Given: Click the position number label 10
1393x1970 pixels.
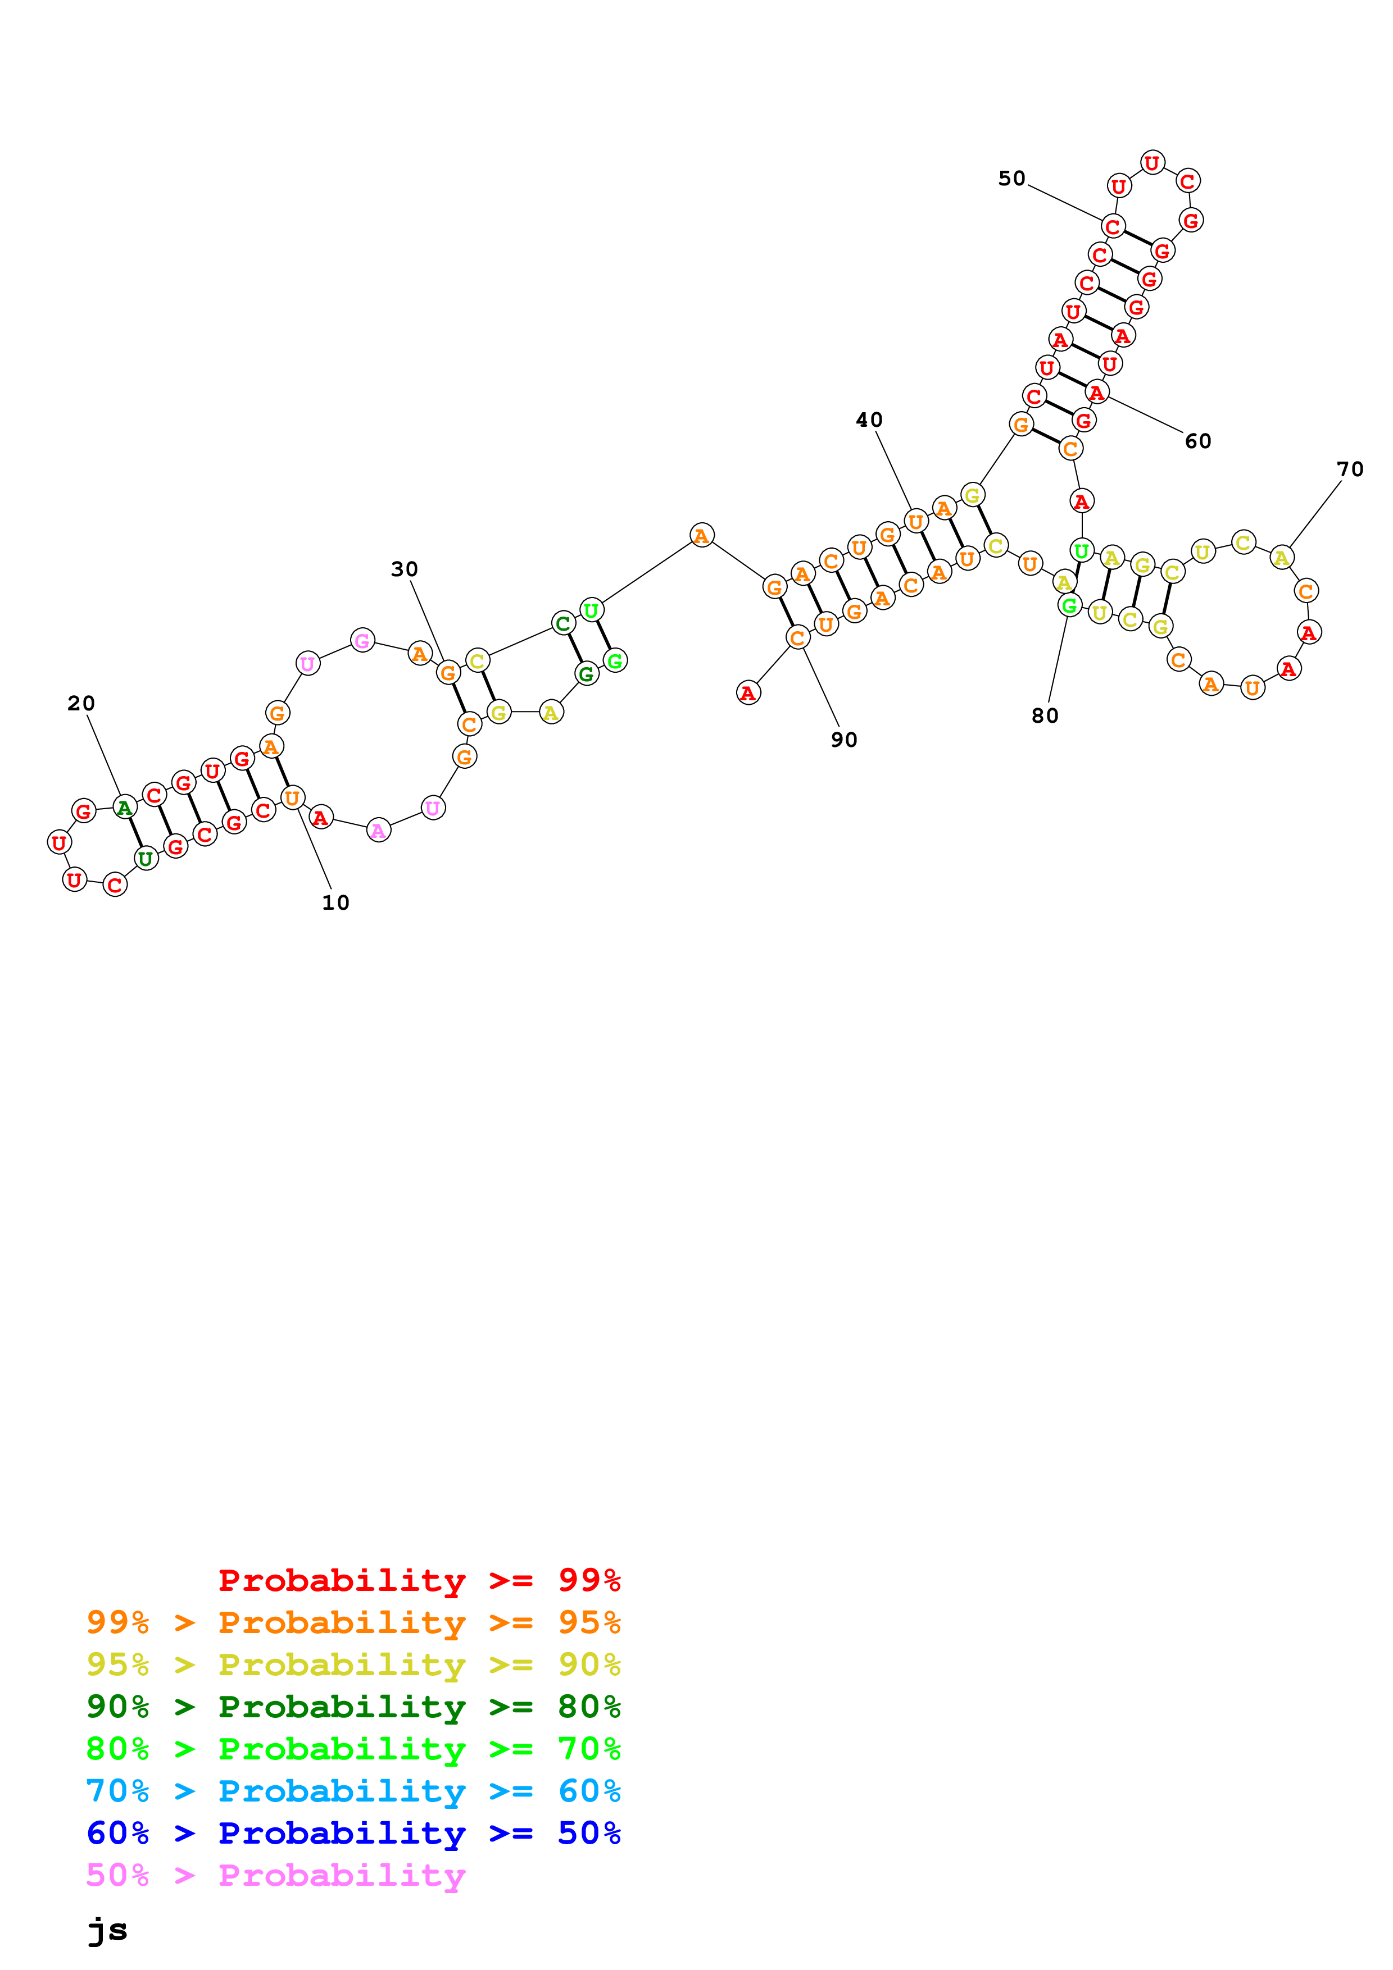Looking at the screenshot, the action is point(335,902).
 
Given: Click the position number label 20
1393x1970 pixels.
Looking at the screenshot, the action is point(81,704).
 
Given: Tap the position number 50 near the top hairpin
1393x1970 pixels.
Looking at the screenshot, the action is point(1012,179).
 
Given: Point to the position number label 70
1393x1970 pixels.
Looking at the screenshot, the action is point(1350,469).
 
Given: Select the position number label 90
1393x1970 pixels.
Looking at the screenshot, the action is point(843,740).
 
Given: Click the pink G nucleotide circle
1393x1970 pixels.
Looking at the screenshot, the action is point(363,640).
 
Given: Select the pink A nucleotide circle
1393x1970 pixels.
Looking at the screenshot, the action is point(379,831).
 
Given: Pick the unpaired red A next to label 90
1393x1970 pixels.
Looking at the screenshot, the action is point(748,692).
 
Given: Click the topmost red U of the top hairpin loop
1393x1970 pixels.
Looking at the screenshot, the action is point(1152,162).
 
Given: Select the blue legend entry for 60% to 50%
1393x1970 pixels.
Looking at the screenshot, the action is point(353,1834).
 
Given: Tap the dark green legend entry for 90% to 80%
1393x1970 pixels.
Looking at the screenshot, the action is point(353,1707).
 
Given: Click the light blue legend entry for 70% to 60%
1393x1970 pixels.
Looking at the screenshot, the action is point(353,1791).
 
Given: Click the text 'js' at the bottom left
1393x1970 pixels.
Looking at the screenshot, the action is point(108,1931).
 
